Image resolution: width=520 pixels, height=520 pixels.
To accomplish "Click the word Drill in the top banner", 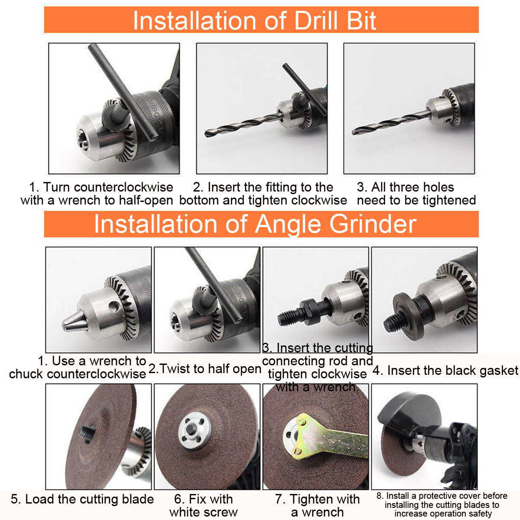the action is pyautogui.click(x=316, y=21).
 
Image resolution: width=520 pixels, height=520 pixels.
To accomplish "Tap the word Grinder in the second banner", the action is pyautogui.click(x=373, y=224).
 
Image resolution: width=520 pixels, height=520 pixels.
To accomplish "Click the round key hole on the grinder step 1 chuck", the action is pyautogui.click(x=114, y=307).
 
